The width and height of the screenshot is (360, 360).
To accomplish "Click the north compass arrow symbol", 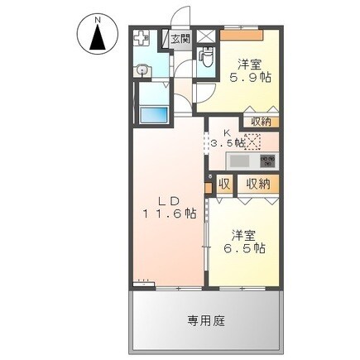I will [x=97, y=37].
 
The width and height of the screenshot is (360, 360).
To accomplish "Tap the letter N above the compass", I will [x=97, y=17].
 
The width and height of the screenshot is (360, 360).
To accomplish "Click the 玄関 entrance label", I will [x=180, y=38].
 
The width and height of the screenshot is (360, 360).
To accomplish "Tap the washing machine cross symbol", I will [x=142, y=39].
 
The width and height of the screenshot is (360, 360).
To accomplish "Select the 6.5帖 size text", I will [x=248, y=247].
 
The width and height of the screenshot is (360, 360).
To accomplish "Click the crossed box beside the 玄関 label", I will [x=204, y=37].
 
